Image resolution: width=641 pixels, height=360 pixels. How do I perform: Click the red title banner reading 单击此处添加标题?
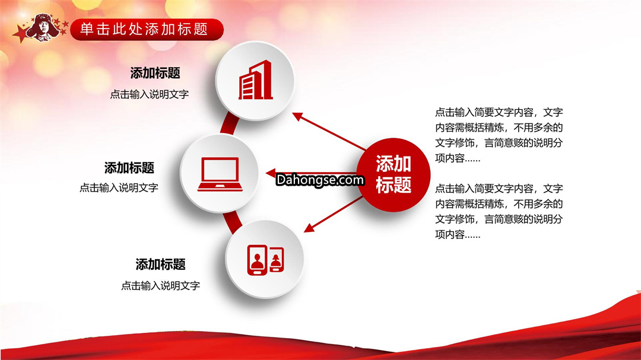tap(147, 30)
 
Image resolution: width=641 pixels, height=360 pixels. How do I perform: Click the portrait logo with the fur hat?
tap(42, 28)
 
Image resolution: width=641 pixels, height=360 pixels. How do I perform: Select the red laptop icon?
tap(220, 174)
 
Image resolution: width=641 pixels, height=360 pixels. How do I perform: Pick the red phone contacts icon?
tap(265, 260)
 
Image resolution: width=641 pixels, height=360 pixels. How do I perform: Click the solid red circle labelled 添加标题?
tap(394, 175)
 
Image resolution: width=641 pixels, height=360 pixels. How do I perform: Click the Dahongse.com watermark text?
tap(320, 180)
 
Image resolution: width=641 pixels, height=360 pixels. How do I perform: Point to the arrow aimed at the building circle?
tap(329, 131)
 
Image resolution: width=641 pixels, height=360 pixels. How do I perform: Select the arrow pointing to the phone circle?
tap(333, 214)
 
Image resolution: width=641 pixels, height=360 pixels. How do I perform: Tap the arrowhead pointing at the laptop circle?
tap(271, 173)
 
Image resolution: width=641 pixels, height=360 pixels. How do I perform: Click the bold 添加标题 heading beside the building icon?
tap(156, 73)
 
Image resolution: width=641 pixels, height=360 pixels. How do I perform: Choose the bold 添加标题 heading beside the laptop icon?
tap(129, 167)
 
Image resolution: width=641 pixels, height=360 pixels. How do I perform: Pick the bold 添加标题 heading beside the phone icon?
tap(161, 265)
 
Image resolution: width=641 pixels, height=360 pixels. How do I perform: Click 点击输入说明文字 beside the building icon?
tap(150, 94)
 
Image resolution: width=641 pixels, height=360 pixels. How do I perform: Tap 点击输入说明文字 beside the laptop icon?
tap(119, 187)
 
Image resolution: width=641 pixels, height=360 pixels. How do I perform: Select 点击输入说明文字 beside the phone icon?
tap(161, 286)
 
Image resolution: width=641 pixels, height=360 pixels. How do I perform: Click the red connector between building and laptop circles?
tap(229, 124)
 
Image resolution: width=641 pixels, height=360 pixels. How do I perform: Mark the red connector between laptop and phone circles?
tap(233, 222)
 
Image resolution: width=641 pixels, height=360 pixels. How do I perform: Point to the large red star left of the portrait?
tap(20, 33)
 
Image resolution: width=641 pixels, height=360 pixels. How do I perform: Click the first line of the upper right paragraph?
tap(499, 112)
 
